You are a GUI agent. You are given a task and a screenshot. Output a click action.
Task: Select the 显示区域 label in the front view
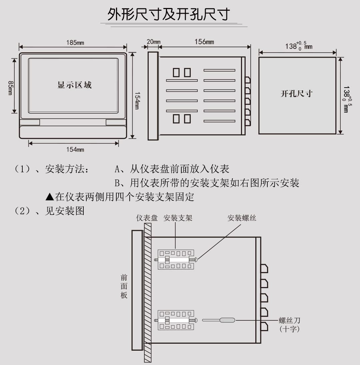point(74,85)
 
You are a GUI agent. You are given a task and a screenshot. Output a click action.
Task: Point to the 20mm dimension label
point(153,42)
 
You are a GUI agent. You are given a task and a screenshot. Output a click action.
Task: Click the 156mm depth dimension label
point(204,42)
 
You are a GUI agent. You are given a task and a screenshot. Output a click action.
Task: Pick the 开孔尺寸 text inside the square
point(296,94)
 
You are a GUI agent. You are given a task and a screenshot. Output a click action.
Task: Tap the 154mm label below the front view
point(75,150)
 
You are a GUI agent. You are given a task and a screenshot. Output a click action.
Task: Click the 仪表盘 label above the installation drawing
point(147,218)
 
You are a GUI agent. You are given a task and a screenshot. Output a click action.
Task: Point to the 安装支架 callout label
point(178,218)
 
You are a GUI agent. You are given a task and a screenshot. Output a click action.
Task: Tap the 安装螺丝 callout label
point(242,218)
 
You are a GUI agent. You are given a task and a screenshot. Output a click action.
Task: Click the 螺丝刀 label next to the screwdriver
point(290,321)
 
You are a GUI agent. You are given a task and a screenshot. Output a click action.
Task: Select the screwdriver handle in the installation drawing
point(227,320)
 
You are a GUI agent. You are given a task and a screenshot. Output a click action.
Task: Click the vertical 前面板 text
point(124,286)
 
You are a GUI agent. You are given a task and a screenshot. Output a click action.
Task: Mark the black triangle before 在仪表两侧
point(50,197)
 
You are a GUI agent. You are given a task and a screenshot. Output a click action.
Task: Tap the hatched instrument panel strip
point(148,293)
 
